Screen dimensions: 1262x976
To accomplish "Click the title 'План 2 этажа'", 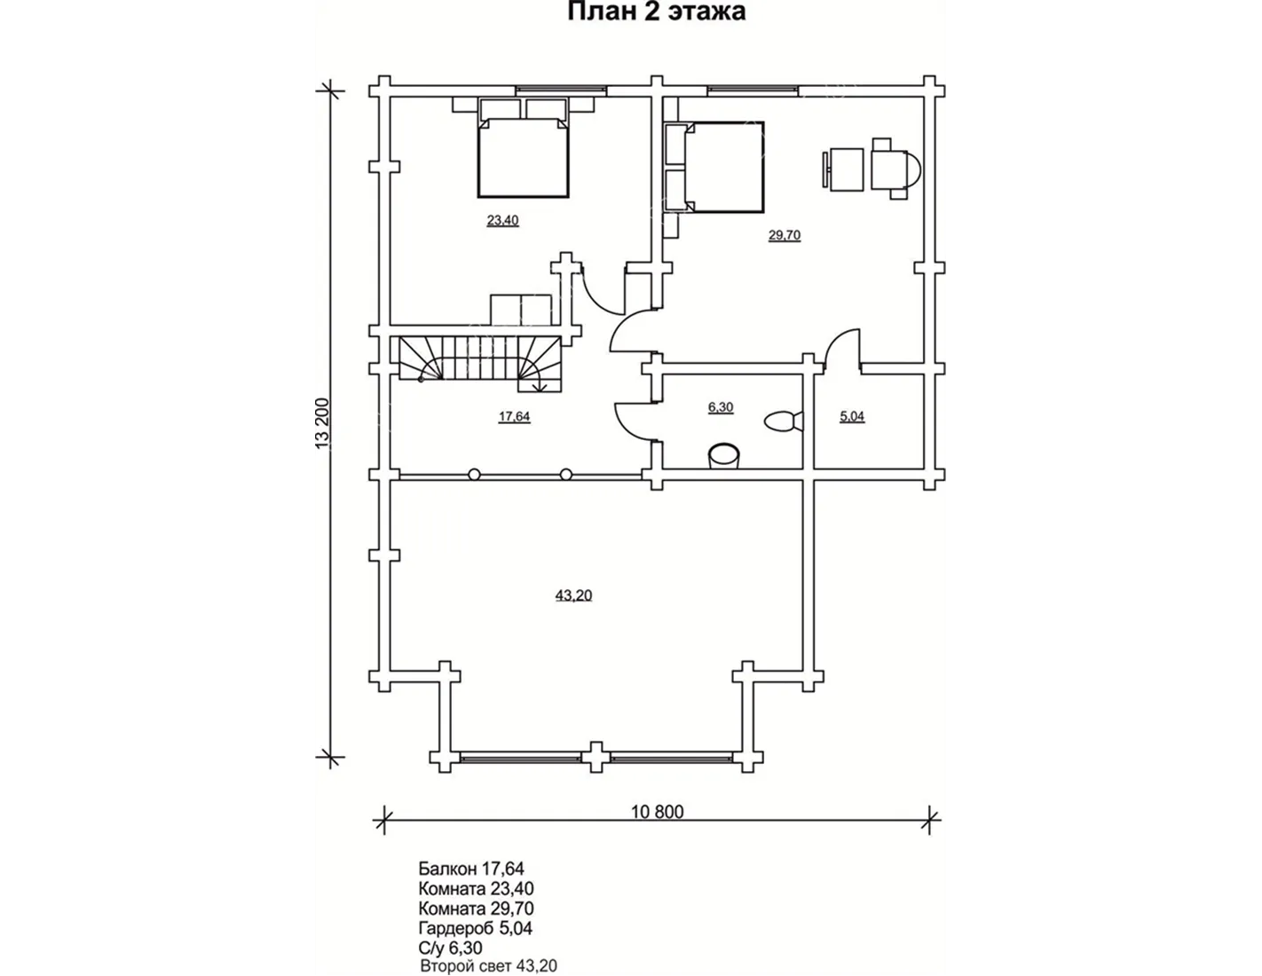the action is point(656,12).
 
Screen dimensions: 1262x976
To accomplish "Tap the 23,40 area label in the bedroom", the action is point(503,221).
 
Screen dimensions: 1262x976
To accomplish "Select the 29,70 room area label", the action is point(785,235).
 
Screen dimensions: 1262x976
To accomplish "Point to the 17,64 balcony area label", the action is point(515,416).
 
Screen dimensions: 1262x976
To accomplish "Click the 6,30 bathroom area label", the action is point(721,407).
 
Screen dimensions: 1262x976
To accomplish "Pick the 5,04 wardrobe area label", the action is point(852,416).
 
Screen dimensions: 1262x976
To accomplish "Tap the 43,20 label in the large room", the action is point(574,595).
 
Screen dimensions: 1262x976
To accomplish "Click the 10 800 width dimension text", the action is point(658,811).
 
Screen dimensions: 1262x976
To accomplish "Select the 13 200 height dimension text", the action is point(323,423).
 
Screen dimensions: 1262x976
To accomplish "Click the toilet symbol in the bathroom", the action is point(784,421).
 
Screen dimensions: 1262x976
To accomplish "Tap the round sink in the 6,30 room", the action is point(725,455).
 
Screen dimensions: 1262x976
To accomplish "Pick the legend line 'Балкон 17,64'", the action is point(471,869).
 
